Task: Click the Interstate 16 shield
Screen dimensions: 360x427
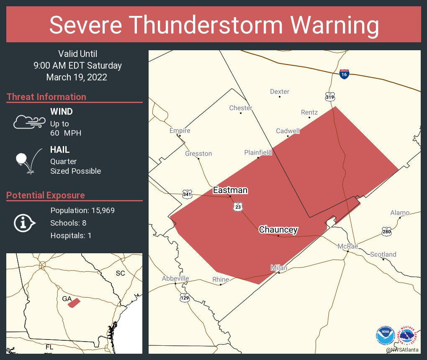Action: [x=344, y=74]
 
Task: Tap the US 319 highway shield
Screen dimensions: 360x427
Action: [x=330, y=97]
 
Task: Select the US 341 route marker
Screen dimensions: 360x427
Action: [x=187, y=194]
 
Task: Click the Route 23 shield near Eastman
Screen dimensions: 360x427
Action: [x=237, y=207]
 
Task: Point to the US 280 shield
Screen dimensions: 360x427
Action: [x=386, y=231]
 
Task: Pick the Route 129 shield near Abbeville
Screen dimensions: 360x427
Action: [x=185, y=297]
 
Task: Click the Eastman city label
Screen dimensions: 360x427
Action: [x=230, y=190]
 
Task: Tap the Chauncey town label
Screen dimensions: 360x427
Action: [x=278, y=229]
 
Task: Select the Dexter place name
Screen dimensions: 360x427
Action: [x=280, y=92]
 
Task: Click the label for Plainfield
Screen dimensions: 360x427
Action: [x=258, y=153]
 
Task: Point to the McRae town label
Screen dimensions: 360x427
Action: [x=348, y=246]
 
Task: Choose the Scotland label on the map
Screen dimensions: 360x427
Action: [x=383, y=255]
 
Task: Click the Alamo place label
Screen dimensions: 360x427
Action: [x=400, y=213]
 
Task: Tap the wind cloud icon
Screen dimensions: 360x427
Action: [x=29, y=122]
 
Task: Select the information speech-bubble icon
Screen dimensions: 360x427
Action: [x=24, y=223]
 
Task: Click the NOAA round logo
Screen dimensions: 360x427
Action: [x=386, y=335]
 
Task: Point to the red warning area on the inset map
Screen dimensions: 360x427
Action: [x=74, y=302]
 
